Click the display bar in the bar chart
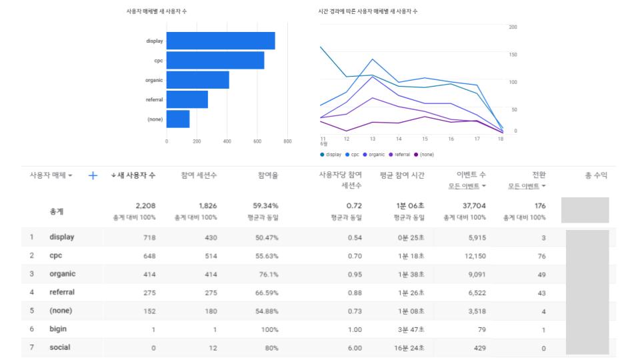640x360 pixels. pos(220,41)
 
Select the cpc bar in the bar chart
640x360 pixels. pos(215,61)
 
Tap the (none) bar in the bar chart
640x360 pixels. pos(178,119)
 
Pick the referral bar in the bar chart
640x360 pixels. pos(187,99)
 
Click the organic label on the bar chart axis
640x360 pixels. pos(154,80)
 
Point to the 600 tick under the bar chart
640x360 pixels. pos(257,141)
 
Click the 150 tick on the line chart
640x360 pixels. pos(513,54)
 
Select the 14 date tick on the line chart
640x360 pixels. pos(399,139)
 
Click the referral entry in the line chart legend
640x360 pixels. pos(401,154)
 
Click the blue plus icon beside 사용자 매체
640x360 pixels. pos(93,175)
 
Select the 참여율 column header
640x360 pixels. pos(268,175)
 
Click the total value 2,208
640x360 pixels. pos(145,206)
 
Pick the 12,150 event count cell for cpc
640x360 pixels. pos(475,255)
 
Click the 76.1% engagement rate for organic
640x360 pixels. pos(267,274)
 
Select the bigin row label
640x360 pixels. pos(58,329)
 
